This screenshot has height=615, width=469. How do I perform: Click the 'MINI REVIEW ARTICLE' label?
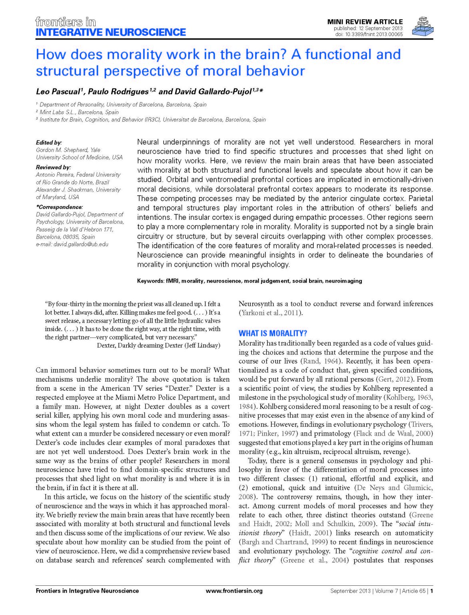coord(365,22)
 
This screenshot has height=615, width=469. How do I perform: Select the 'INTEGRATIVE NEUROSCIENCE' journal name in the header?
coord(111,32)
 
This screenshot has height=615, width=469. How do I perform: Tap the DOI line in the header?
coord(369,34)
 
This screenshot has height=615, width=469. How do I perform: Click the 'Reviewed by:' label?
coord(53,167)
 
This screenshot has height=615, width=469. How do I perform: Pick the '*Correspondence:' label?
coord(59,207)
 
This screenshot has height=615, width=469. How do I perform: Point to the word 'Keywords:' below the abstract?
coord(150,281)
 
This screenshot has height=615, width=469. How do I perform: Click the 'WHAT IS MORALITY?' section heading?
coord(273,333)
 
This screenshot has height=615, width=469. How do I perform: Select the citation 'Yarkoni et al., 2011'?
coord(270,313)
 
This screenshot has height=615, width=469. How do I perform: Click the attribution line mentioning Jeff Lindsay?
coord(158,345)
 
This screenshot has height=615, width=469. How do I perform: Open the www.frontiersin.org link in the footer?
coord(234,591)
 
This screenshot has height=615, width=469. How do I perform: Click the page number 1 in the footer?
coord(432,591)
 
